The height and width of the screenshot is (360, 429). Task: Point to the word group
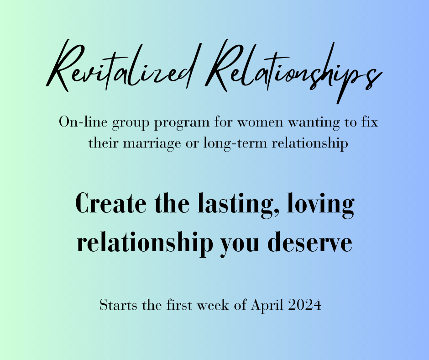(x=131, y=123)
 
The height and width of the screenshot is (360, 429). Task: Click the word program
(x=182, y=123)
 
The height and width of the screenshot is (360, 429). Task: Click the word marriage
(x=152, y=144)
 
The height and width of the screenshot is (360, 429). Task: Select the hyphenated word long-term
(x=235, y=144)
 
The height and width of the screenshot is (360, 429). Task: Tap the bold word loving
(x=321, y=205)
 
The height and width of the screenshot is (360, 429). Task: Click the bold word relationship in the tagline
(x=145, y=244)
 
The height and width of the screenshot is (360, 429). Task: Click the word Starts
(x=118, y=305)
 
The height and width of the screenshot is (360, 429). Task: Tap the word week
(x=213, y=305)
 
